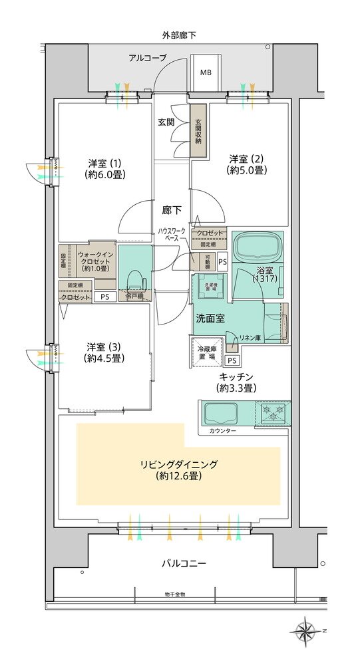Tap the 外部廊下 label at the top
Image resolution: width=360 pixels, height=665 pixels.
click(179, 35)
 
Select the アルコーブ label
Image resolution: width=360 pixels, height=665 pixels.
click(148, 58)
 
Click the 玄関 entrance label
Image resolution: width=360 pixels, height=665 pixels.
click(166, 122)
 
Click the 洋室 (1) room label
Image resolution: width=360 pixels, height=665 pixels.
click(106, 168)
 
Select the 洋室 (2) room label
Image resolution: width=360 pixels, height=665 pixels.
click(248, 164)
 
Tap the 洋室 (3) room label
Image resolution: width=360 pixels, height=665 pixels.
click(106, 352)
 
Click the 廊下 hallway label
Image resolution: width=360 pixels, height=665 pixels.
click(172, 210)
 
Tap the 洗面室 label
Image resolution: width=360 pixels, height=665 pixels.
click(210, 318)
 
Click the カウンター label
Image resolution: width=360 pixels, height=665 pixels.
click(222, 432)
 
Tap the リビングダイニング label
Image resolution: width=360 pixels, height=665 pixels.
click(180, 469)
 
